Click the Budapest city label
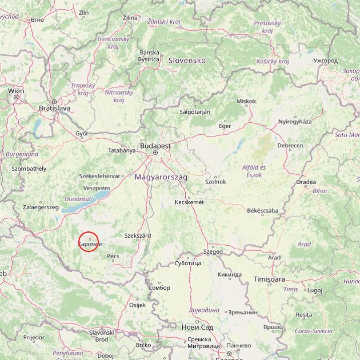pos(155,146)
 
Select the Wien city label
pos(16,90)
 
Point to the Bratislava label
pos(54,107)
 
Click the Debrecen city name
pos(290,146)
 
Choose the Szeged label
pos(213,251)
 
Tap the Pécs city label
pos(113,256)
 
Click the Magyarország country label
pos(161,177)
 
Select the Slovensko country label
pos(186,60)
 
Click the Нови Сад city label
pos(197,327)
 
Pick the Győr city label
pos(82,133)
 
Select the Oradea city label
pos(306,182)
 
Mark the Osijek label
pos(138,305)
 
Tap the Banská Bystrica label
pos(149,55)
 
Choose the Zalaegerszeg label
pos(41,207)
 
